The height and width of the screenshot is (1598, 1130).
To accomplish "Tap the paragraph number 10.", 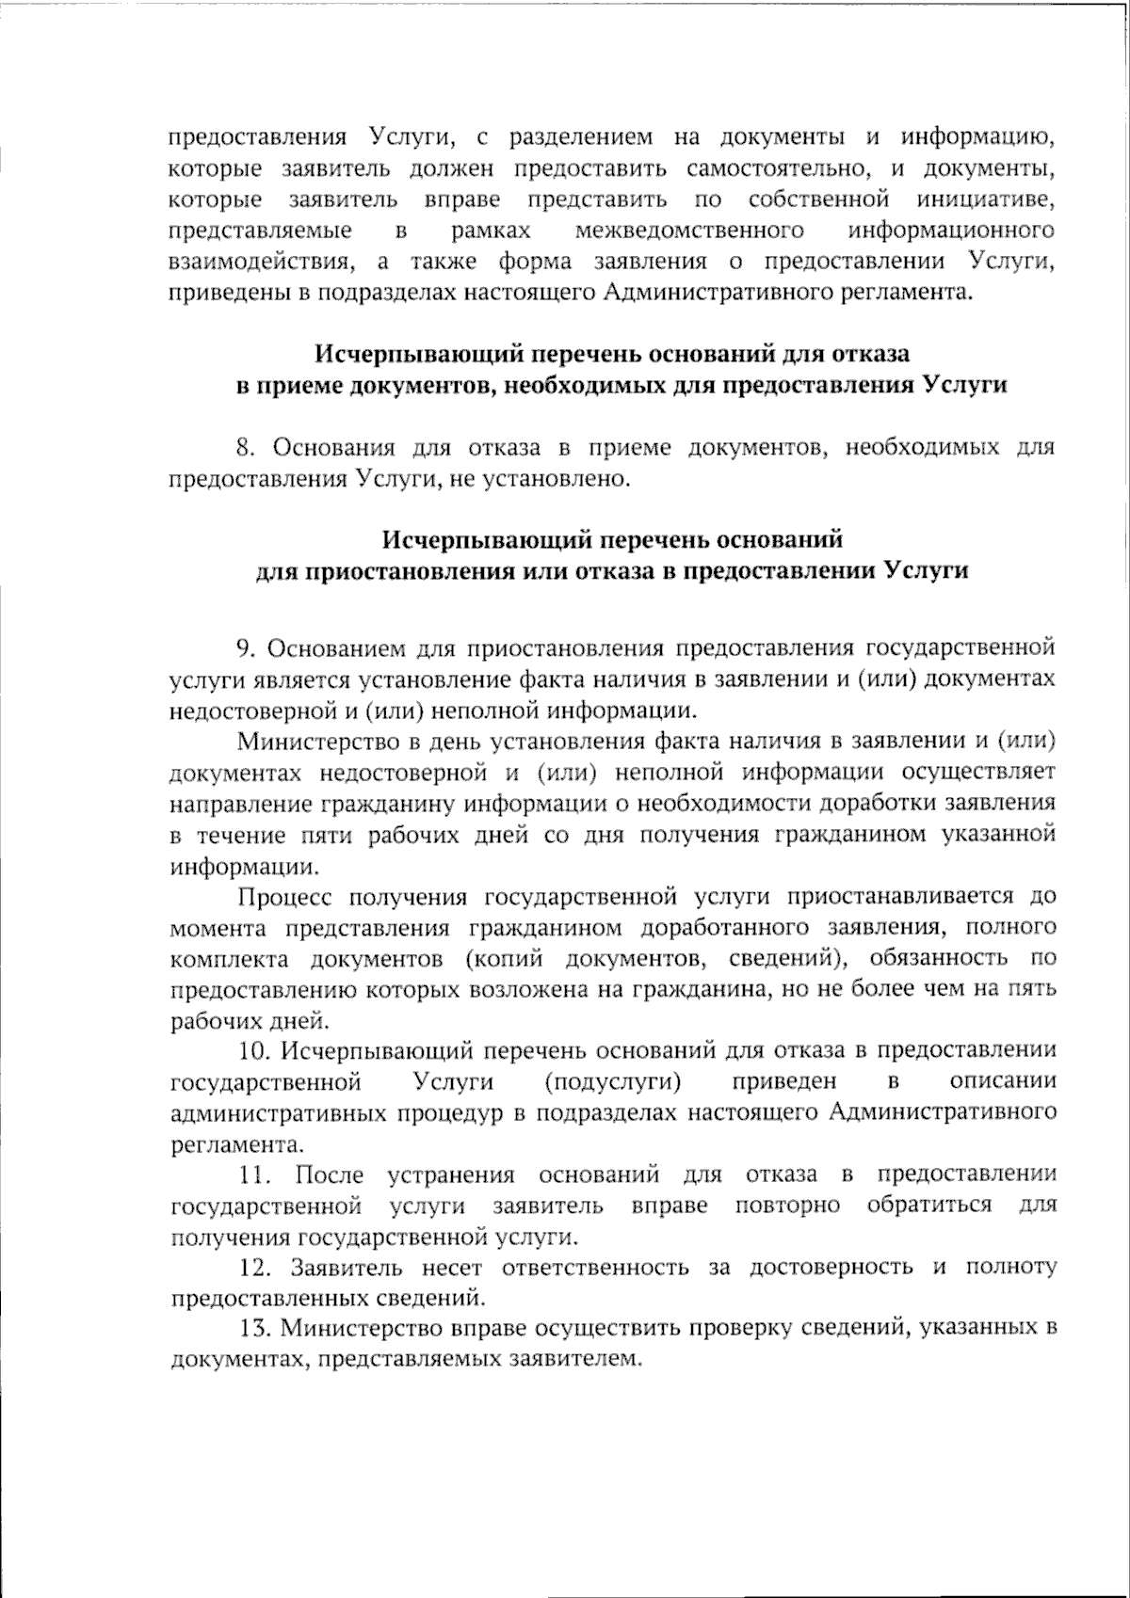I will [254, 1050].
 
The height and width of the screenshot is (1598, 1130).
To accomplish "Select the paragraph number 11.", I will [254, 1175].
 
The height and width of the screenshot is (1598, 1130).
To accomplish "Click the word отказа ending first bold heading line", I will [870, 355].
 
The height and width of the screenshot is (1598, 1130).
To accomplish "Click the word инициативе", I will [984, 200].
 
